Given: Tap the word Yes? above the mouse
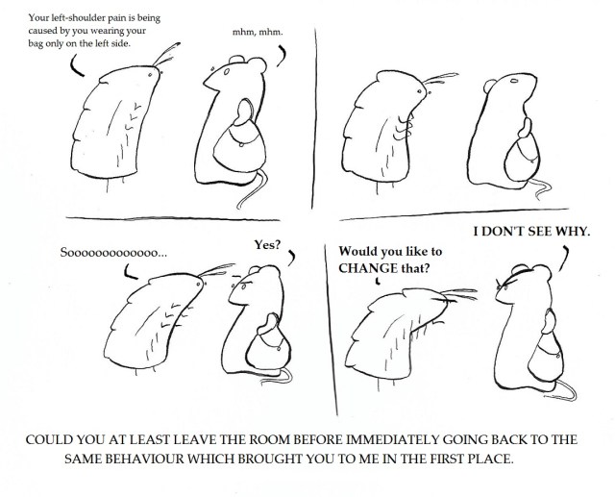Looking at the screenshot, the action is click(x=267, y=245).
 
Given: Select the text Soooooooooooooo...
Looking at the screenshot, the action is click(x=113, y=252).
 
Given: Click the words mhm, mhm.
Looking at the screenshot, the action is click(x=258, y=32).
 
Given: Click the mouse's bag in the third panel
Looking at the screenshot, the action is click(x=269, y=347).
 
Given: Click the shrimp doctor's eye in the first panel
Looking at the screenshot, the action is click(x=150, y=75).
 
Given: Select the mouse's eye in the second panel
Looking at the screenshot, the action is click(x=514, y=81).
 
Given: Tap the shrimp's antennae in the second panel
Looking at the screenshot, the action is click(x=440, y=78).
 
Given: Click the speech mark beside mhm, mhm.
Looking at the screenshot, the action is click(x=281, y=56).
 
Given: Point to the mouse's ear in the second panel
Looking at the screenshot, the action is click(x=490, y=86).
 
